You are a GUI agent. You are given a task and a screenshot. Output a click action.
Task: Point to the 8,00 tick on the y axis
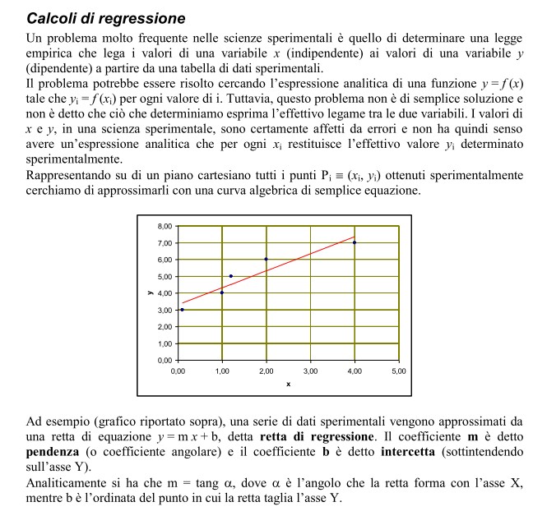[164, 226]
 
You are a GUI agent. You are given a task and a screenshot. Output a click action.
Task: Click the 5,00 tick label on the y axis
[164, 276]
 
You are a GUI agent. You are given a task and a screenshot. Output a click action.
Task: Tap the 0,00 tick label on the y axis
[164, 361]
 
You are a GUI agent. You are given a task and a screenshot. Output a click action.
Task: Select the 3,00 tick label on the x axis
[310, 372]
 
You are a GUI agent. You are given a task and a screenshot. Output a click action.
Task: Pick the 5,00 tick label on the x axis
[398, 372]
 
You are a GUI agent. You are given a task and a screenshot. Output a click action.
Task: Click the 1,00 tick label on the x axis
[221, 372]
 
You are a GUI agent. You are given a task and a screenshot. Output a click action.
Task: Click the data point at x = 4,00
[355, 242]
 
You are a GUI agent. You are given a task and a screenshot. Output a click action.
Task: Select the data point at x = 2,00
[266, 259]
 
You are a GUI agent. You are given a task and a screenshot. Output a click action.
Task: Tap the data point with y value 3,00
[182, 310]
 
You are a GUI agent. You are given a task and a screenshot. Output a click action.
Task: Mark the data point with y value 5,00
[230, 276]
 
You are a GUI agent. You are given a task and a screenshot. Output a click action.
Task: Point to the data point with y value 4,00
[221, 292]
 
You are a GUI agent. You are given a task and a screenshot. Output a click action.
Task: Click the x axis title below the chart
[288, 384]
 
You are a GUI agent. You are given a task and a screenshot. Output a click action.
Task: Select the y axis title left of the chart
[149, 292]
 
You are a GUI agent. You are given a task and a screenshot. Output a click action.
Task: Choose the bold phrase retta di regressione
[317, 435]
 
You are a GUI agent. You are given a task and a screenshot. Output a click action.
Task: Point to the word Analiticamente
[68, 484]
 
